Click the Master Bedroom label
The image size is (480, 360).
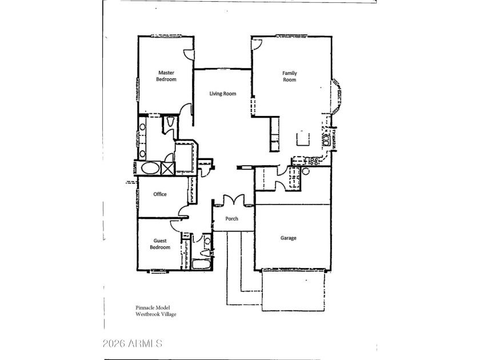166,76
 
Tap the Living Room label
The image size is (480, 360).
222,94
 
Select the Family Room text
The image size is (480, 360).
290,76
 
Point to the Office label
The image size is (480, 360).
160,194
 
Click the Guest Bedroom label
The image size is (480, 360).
160,244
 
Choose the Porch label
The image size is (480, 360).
231,219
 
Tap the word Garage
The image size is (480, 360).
288,238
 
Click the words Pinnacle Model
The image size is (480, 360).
146,307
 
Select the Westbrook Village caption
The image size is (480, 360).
152,314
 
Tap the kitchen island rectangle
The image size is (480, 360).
301,139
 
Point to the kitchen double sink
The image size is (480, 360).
326,138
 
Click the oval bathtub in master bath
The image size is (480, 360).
150,169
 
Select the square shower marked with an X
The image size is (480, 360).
167,169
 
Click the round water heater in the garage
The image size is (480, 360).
306,170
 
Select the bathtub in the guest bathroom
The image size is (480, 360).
201,265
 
